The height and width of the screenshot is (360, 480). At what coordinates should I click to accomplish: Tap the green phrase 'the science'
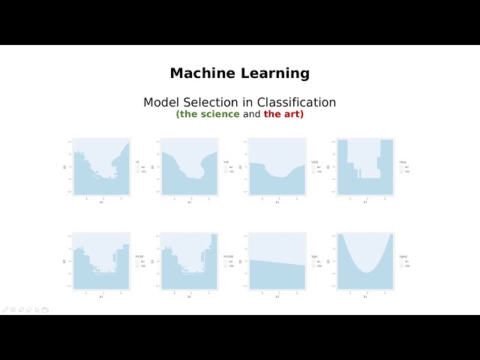tap(208, 115)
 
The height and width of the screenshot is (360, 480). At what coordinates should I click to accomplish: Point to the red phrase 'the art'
tap(283, 115)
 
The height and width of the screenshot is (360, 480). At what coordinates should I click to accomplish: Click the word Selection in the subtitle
tap(217, 102)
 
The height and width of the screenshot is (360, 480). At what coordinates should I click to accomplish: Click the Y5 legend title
tap(137, 162)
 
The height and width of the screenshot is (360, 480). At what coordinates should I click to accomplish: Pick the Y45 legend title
tap(226, 162)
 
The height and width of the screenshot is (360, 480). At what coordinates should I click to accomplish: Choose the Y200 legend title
tap(314, 162)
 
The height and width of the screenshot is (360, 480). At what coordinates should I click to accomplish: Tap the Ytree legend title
tap(403, 162)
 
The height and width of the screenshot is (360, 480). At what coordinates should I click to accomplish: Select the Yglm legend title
tap(314, 256)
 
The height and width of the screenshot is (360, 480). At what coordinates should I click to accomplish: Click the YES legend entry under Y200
tap(318, 172)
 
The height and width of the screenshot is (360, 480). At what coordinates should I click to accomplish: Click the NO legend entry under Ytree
tap(406, 167)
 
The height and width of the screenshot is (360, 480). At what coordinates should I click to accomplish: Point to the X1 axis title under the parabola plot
tap(365, 296)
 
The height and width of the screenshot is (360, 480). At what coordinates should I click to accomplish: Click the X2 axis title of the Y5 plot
tap(64, 166)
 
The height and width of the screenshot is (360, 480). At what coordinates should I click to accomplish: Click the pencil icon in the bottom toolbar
tap(5, 309)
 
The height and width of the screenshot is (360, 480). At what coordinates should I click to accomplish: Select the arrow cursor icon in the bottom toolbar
tap(37, 309)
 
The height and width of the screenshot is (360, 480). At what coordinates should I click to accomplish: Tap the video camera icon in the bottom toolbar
tap(45, 309)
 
